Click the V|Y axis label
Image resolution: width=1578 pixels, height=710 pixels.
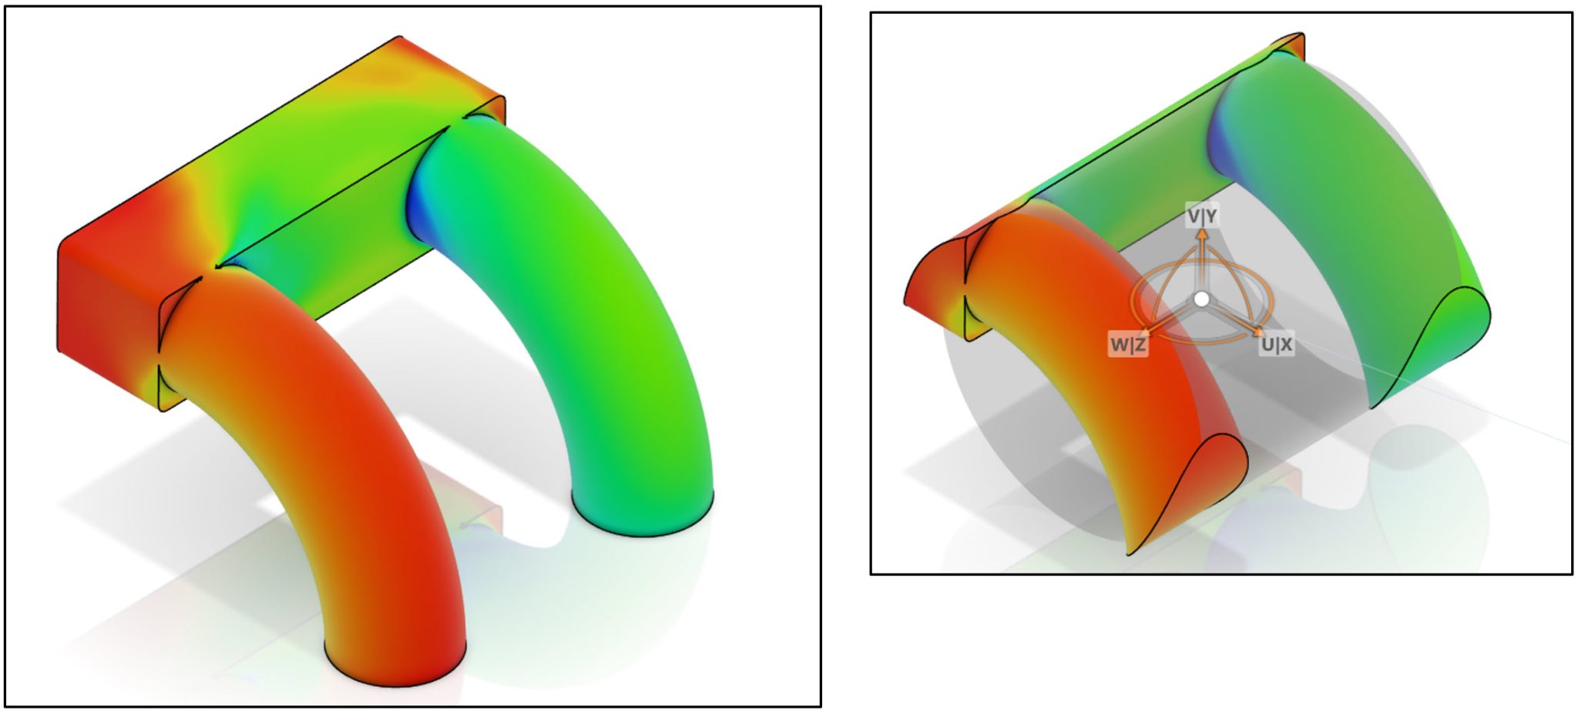[x=1202, y=216]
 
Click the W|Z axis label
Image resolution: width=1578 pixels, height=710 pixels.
[x=1128, y=344]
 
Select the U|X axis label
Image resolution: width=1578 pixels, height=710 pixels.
[x=1276, y=344]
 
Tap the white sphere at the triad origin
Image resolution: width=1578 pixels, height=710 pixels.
[x=1201, y=299]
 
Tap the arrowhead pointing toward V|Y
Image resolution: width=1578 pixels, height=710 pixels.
[x=1202, y=233]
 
